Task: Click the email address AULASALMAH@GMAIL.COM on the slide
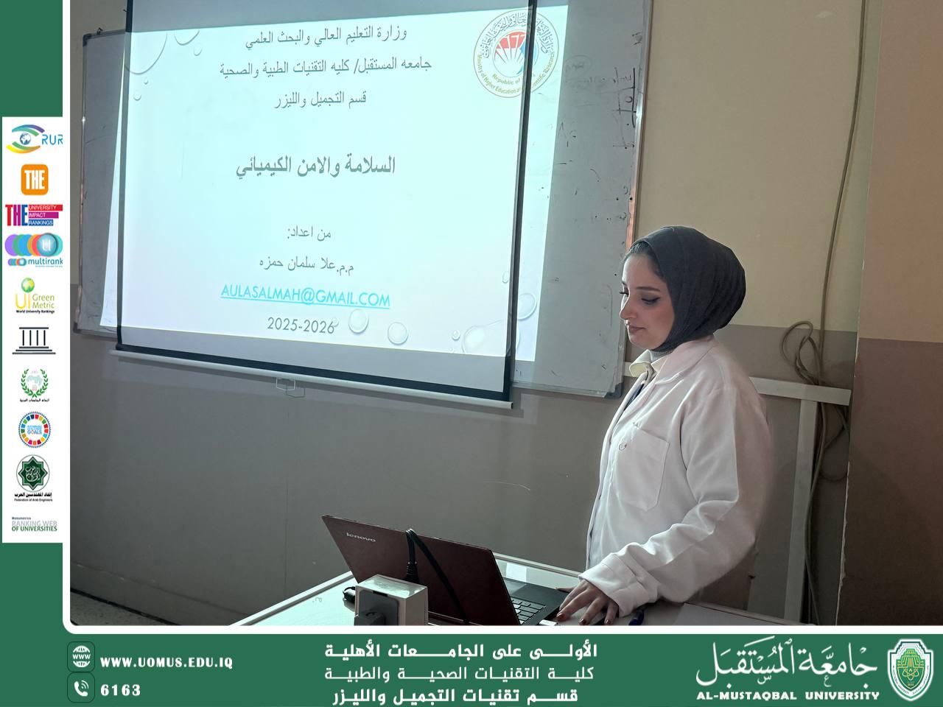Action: pyautogui.click(x=305, y=298)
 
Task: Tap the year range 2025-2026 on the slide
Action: pyautogui.click(x=301, y=324)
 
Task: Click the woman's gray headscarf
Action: pyautogui.click(x=689, y=287)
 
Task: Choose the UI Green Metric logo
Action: pyautogui.click(x=35, y=295)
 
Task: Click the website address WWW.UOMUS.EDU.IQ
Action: pyautogui.click(x=166, y=663)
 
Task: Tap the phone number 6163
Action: pyautogui.click(x=120, y=690)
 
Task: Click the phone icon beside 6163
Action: pyautogui.click(x=81, y=689)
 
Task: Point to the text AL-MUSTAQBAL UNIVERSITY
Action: pyautogui.click(x=788, y=694)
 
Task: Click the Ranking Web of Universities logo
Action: pyautogui.click(x=34, y=524)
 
